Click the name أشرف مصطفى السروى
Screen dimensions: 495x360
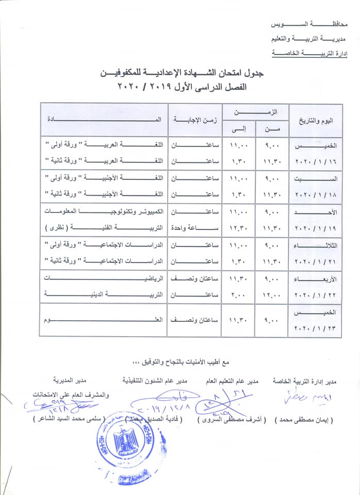(x=231, y=420)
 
